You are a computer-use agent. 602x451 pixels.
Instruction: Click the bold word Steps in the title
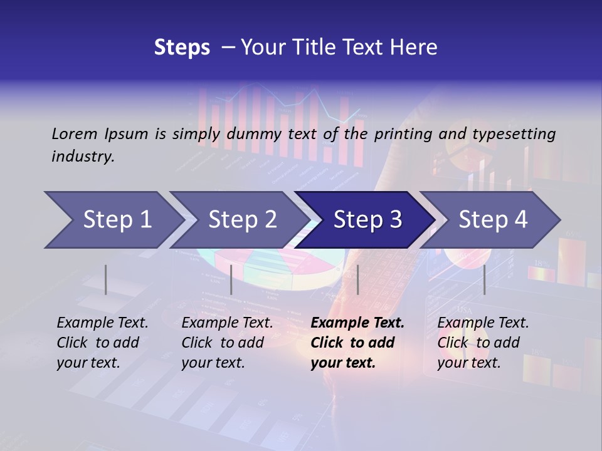coord(182,48)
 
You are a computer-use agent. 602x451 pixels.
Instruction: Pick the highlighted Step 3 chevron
coord(367,220)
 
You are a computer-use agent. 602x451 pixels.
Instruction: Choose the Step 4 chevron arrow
coord(493,220)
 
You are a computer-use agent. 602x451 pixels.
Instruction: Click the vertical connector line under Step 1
coord(106,279)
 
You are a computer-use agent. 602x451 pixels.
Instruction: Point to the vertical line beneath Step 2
coord(231,279)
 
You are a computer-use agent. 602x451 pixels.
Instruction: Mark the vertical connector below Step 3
coord(357,279)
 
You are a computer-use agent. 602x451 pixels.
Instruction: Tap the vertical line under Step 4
coord(484,279)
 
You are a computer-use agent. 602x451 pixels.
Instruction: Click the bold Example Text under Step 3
coord(357,342)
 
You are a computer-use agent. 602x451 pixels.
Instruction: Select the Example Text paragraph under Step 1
coord(102,342)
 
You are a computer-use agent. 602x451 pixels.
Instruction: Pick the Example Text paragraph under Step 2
coord(227,342)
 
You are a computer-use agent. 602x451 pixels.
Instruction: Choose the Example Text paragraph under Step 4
coord(483,342)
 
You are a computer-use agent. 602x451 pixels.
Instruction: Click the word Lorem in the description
coord(75,133)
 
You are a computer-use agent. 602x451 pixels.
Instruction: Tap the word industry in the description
coord(83,157)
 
